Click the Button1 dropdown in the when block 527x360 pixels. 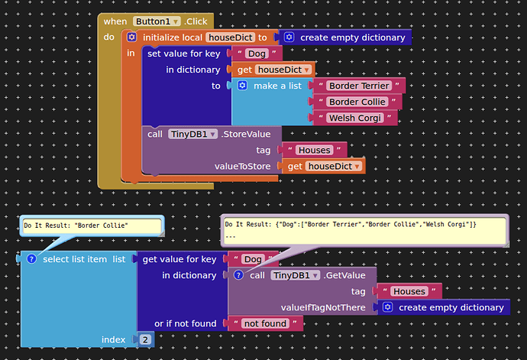[157, 21]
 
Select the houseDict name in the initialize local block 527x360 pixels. [230, 37]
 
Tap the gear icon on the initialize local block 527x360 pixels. [131, 37]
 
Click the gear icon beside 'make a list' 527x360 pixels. [242, 86]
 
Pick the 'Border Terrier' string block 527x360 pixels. [358, 86]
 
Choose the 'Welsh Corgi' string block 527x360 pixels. [355, 118]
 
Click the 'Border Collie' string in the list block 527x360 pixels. [358, 102]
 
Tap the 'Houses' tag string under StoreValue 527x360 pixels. [314, 150]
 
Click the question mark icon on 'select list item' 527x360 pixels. [31, 259]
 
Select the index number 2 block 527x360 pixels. [145, 339]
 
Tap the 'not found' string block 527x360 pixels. [263, 323]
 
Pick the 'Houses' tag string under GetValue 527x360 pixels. [409, 291]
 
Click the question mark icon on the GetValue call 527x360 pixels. [238, 275]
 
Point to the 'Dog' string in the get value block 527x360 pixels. [253, 259]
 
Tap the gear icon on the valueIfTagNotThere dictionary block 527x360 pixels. [388, 307]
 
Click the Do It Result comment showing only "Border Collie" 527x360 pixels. [91, 225]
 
